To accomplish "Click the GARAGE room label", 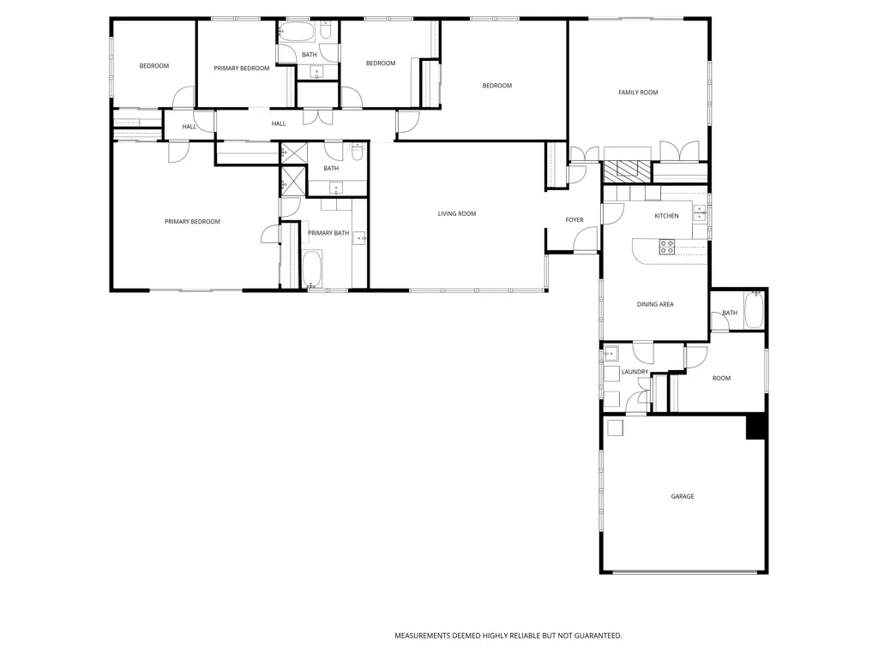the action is point(683,496).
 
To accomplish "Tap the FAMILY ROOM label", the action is point(638,93).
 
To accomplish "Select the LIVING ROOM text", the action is point(457,214).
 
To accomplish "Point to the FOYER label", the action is point(574,220).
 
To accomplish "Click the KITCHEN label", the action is point(666,216).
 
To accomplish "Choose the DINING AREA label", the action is point(655,304).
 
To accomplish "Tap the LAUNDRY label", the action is point(634,372).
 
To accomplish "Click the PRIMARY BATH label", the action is point(328,233).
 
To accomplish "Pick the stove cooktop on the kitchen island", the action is point(666,247).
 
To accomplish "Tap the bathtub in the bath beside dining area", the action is point(753,309).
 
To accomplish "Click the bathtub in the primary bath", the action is point(312,268).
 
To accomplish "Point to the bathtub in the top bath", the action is point(298,33).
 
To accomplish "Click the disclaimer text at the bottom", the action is point(508,636).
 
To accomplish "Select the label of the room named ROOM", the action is point(722,378).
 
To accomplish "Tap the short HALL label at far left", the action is point(189,127).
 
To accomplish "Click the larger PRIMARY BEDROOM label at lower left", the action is point(192,222).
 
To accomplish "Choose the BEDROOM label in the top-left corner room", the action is point(154,66).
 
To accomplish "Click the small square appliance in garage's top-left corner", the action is point(616,428).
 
